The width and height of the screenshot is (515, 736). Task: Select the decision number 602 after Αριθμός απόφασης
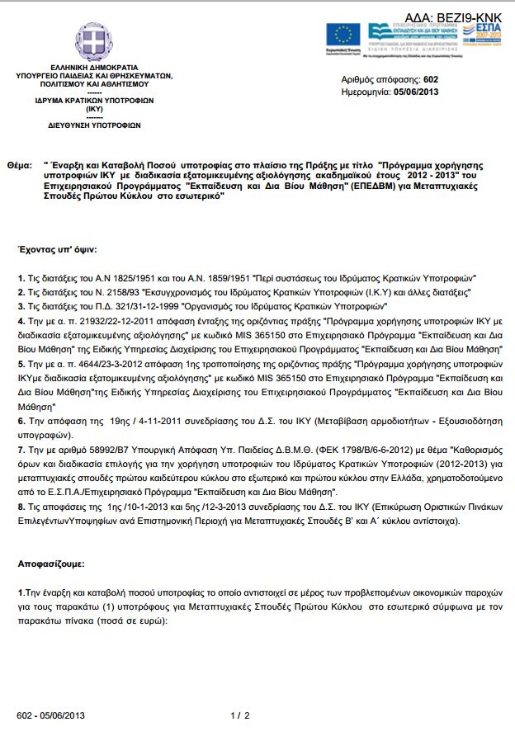[430, 79]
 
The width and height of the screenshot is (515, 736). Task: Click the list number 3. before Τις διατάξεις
[21, 304]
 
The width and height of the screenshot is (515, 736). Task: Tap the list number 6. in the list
[21, 420]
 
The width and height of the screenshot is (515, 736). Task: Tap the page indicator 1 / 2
[239, 715]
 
